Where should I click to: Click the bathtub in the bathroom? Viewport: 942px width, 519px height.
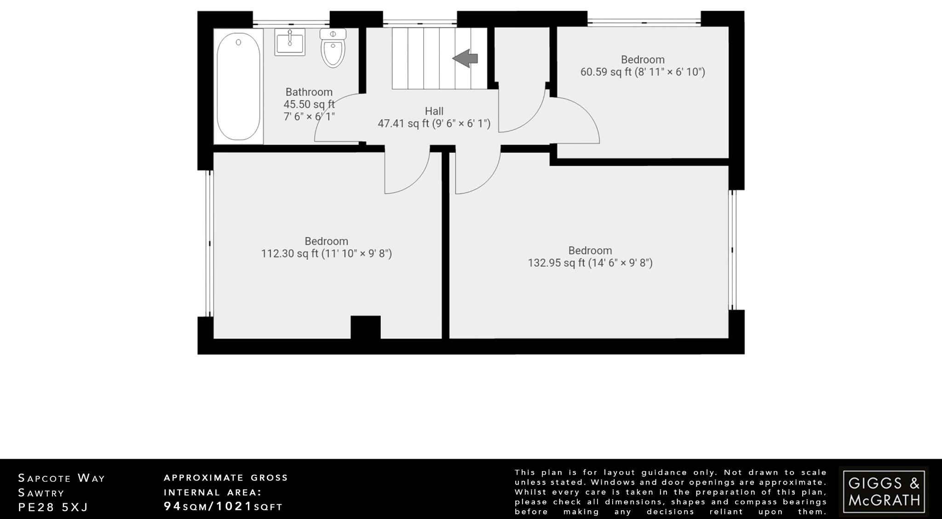(238, 86)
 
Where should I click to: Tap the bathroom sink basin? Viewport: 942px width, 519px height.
(290, 42)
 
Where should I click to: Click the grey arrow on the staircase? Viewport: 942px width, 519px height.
(465, 58)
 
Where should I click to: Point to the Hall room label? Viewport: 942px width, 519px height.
(434, 111)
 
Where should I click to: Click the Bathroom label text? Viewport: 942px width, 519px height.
(309, 92)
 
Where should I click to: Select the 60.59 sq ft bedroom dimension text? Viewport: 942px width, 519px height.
(642, 72)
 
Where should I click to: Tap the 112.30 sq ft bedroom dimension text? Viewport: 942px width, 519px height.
(326, 254)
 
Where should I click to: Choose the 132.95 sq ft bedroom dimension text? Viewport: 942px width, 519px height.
(590, 263)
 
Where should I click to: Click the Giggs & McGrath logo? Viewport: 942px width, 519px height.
(884, 491)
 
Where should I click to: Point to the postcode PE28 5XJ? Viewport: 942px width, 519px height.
(53, 507)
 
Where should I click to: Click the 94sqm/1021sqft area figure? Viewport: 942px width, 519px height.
(223, 507)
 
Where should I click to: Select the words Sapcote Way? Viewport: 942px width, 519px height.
(62, 478)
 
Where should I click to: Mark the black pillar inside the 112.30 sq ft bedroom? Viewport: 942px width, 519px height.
(366, 327)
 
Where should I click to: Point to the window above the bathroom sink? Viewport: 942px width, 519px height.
(291, 22)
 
